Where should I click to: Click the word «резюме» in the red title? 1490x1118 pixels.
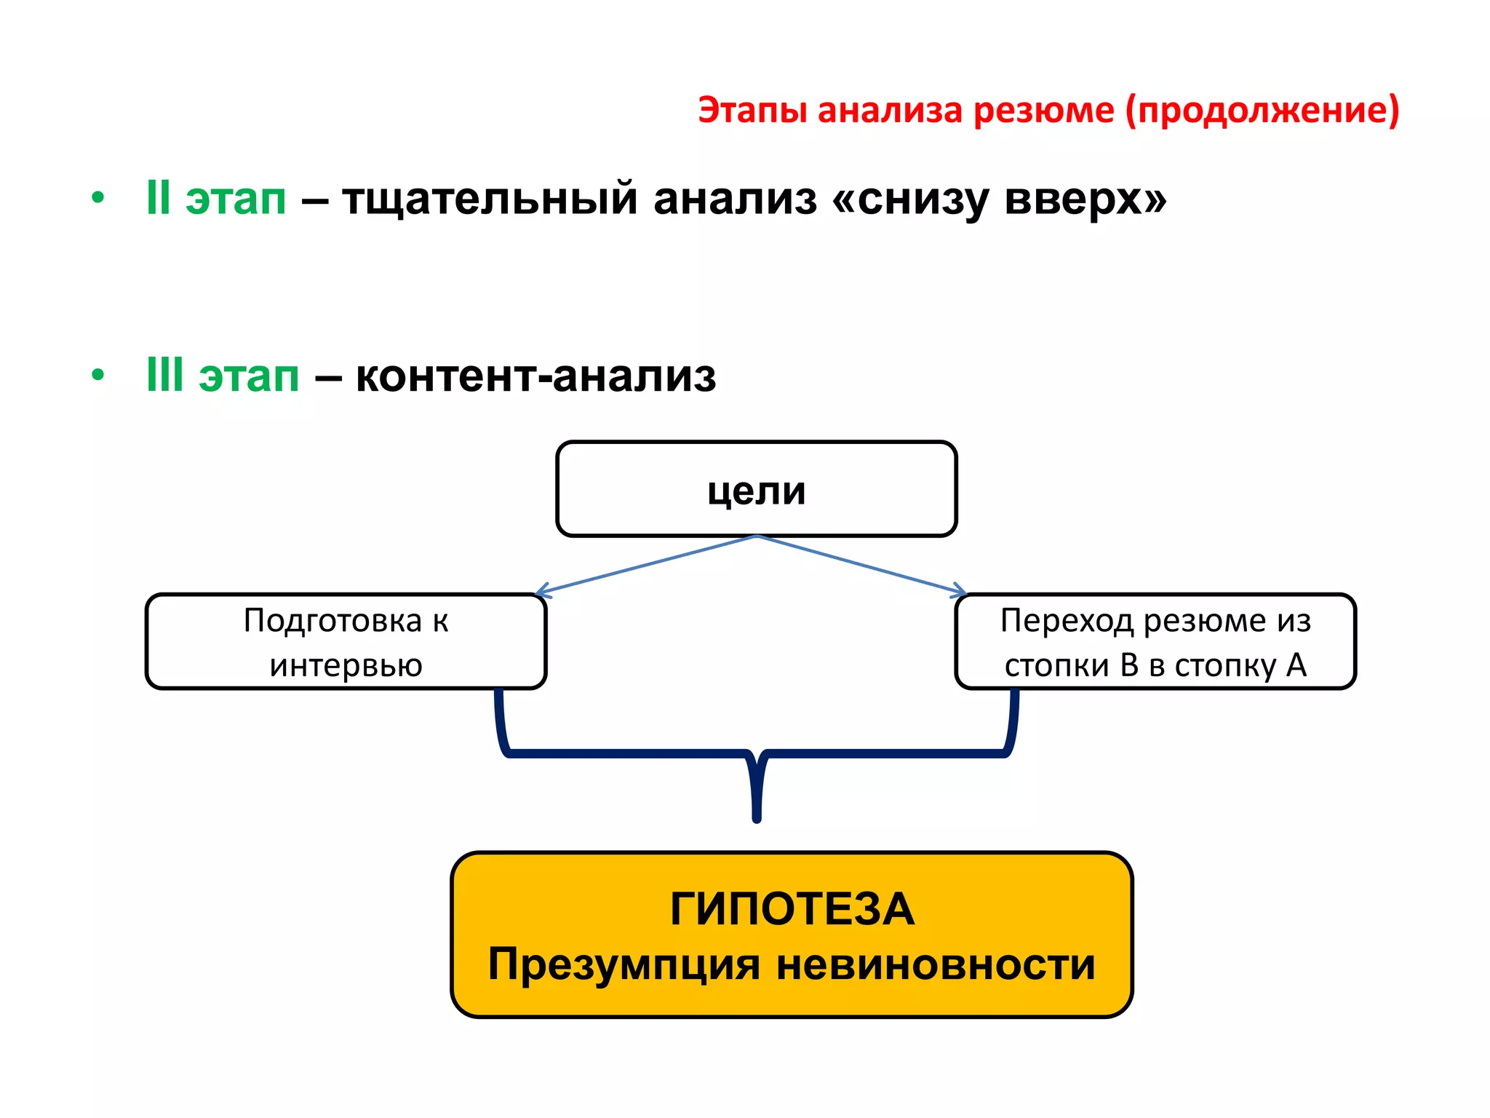pyautogui.click(x=1043, y=111)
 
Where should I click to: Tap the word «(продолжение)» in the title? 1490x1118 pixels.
pyautogui.click(x=1262, y=111)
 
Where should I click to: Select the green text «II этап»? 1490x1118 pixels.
pyautogui.click(x=216, y=198)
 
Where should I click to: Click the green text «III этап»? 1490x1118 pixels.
pyautogui.click(x=223, y=376)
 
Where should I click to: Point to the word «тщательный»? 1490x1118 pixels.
pyautogui.click(x=490, y=199)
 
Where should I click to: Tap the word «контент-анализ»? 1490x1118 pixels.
pyautogui.click(x=535, y=376)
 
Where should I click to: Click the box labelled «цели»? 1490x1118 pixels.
pyautogui.click(x=756, y=489)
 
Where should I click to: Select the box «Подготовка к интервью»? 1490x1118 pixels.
pyautogui.click(x=346, y=641)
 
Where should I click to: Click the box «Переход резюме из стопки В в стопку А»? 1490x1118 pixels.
pyautogui.click(x=1155, y=641)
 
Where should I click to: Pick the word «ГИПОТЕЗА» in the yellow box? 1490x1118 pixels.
pyautogui.click(x=792, y=909)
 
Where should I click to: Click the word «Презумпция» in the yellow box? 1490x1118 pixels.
pyautogui.click(x=624, y=964)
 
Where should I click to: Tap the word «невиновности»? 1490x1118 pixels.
pyautogui.click(x=936, y=964)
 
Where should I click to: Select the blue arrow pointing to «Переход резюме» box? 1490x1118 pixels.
pyautogui.click(x=862, y=564)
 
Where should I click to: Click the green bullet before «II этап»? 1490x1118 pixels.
pyautogui.click(x=98, y=198)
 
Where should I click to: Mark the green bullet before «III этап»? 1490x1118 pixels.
pyautogui.click(x=98, y=376)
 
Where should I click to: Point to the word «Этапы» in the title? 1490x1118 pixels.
pyautogui.click(x=752, y=111)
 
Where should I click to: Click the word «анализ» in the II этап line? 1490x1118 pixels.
pyautogui.click(x=735, y=199)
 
